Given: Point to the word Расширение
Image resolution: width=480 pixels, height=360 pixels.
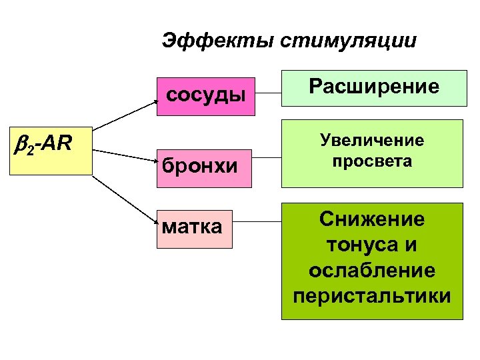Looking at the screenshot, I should click(x=373, y=87).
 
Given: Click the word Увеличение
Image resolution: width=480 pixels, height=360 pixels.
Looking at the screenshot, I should click(x=372, y=141).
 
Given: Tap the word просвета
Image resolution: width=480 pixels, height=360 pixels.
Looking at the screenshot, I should click(x=372, y=161).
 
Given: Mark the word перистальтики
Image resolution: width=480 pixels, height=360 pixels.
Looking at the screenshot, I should click(x=372, y=295).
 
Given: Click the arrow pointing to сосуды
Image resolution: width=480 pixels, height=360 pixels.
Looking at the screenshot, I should click(x=127, y=115).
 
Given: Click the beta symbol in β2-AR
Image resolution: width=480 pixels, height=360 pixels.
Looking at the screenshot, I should click(x=20, y=142).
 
